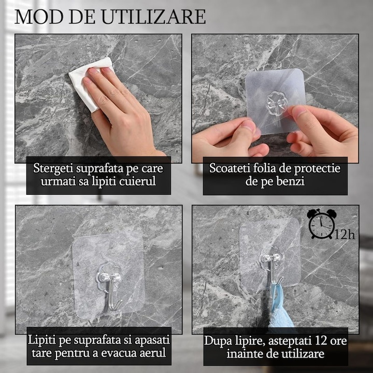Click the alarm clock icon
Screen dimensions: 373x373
click(321, 224)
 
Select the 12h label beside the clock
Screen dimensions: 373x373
click(345, 235)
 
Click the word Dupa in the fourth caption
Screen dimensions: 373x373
click(218, 340)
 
